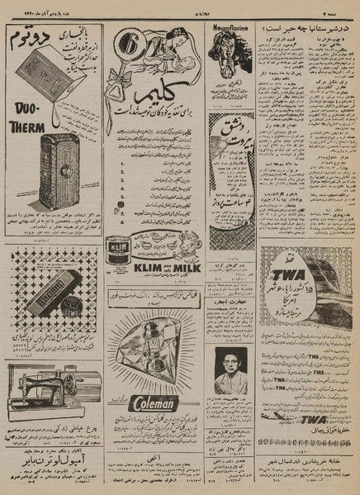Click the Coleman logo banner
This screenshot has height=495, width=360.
click(x=154, y=404)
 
